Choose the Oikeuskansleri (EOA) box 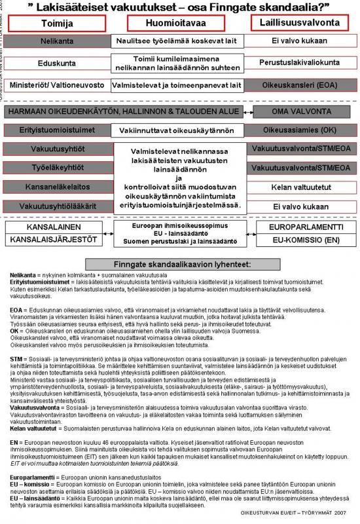302,84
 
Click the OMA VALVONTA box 302,112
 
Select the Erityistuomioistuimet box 57,130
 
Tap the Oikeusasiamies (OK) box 302,130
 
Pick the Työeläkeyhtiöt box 57,168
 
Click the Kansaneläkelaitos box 57,187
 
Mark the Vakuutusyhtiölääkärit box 57,206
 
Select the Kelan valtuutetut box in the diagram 302,187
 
